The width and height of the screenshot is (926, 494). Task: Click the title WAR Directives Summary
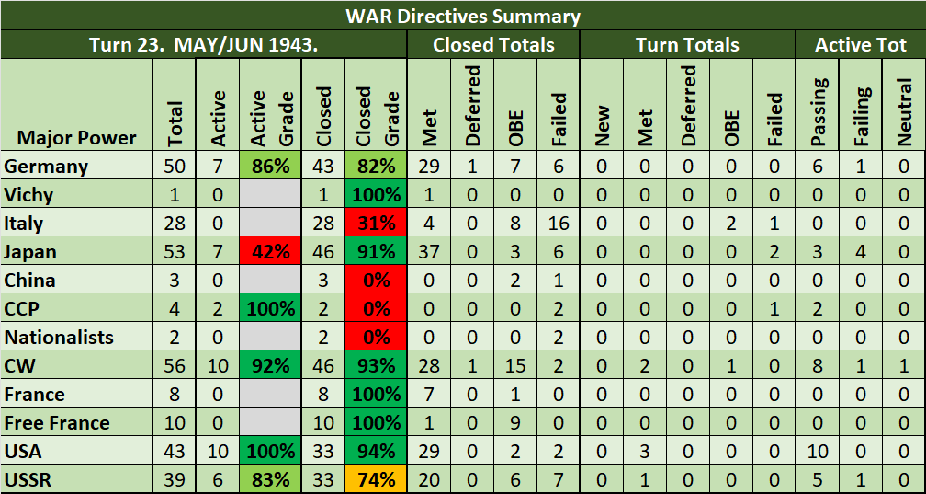463,16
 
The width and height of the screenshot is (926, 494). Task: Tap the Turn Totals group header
688,44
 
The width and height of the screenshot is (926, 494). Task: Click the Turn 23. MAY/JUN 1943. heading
203,44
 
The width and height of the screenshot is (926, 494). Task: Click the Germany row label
46,167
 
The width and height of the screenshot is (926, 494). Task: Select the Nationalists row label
59,338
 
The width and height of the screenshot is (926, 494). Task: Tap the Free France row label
57,423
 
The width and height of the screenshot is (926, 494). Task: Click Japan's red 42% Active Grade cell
272,252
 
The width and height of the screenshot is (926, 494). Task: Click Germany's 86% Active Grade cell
272,167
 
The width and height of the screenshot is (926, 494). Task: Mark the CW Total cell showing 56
175,366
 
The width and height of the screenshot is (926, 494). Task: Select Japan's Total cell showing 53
175,252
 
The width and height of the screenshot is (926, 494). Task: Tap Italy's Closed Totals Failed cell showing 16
559,224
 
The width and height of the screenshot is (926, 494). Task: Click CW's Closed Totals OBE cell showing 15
515,366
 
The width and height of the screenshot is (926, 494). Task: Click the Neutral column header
904,111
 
